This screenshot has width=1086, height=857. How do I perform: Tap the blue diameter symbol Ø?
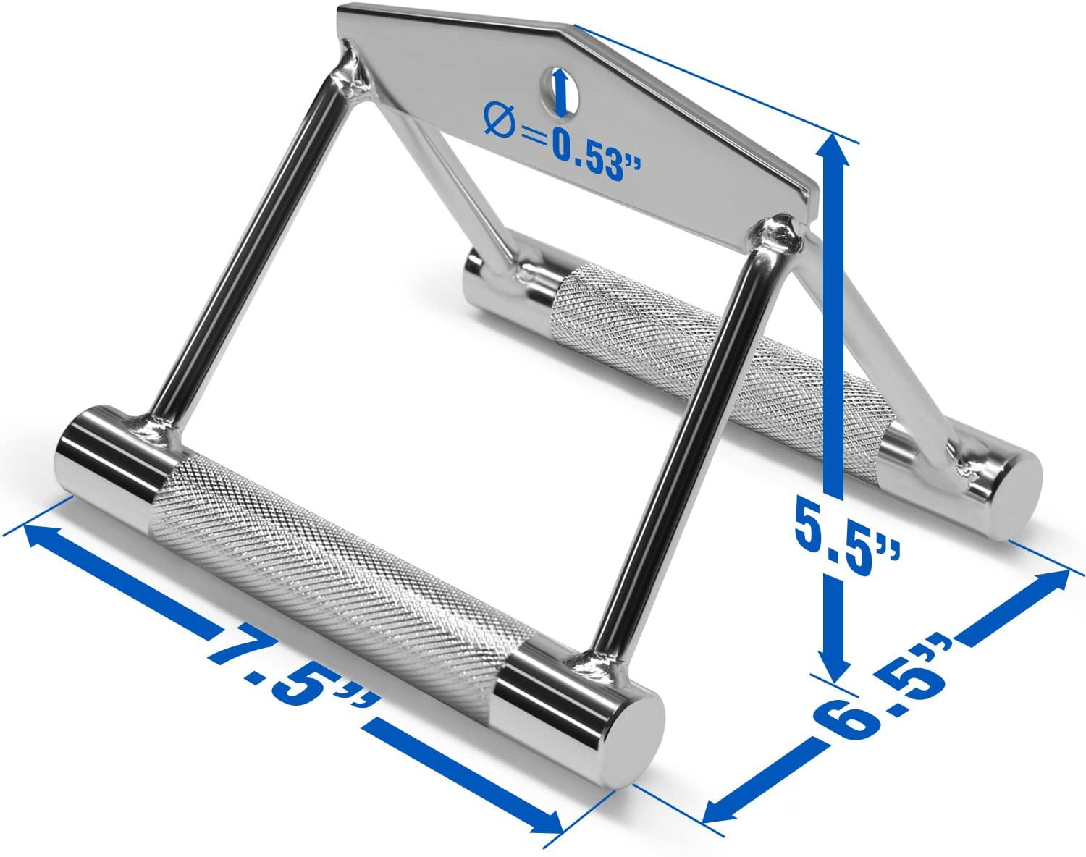click(x=499, y=118)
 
